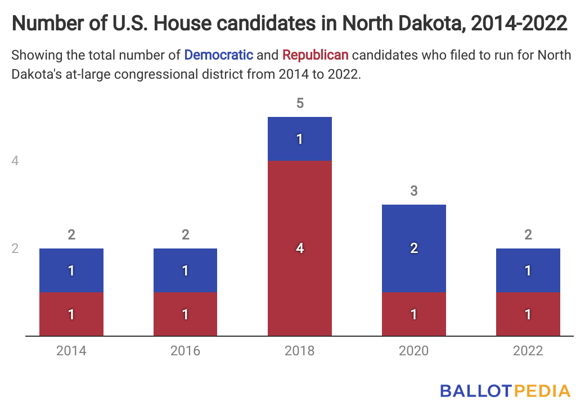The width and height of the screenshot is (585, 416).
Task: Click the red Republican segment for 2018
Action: coord(300,248)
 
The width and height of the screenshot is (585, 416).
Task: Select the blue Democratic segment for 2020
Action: coord(414,248)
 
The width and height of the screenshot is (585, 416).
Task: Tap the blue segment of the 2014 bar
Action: coord(71,270)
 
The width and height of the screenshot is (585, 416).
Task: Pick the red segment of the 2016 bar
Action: coord(186,314)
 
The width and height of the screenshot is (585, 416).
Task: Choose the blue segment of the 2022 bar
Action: coord(528,270)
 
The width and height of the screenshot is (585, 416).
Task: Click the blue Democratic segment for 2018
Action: coord(300,138)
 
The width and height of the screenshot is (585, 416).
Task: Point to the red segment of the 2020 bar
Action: coord(414,314)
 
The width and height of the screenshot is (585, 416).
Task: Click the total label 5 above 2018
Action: coord(300,103)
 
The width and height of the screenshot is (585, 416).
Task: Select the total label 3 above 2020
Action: coord(414,191)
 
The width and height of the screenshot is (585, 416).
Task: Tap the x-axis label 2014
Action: coord(71,351)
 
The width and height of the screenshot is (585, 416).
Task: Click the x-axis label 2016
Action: coord(186,351)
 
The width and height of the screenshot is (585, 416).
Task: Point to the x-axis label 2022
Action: coord(528,351)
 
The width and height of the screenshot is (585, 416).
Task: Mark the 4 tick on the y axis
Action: coord(15,161)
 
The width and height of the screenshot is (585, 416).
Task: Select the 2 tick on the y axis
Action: coord(15,248)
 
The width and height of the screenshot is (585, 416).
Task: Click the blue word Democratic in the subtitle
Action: coord(218,55)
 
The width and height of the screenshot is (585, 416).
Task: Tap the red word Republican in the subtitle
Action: coord(316,55)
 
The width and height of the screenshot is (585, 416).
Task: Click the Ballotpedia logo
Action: coord(505,391)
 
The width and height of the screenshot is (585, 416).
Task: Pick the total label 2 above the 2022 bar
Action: coord(528,235)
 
